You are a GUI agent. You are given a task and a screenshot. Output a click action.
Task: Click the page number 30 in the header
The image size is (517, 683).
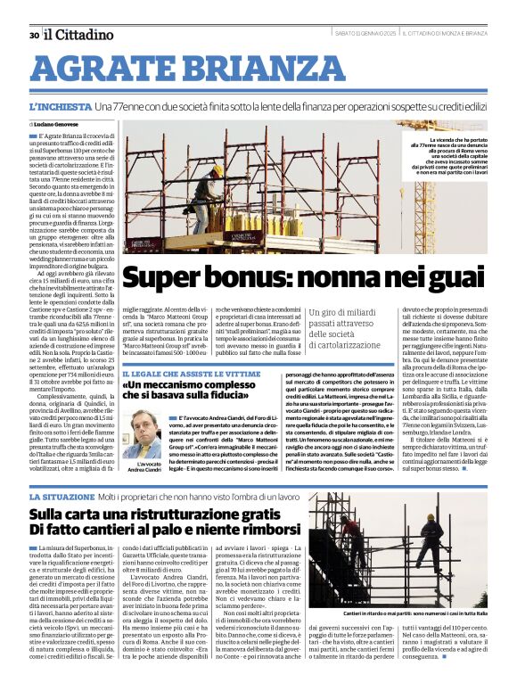(x=33, y=35)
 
